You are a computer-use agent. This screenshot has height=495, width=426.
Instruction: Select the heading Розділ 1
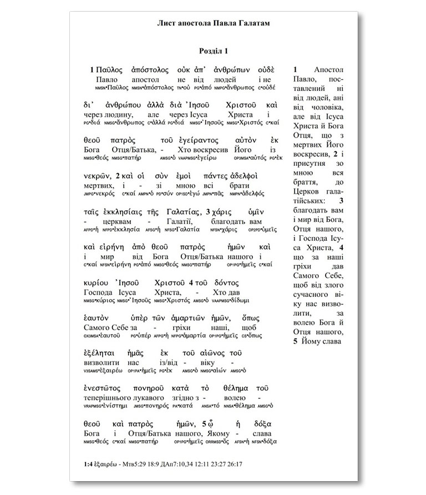point(213,51)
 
